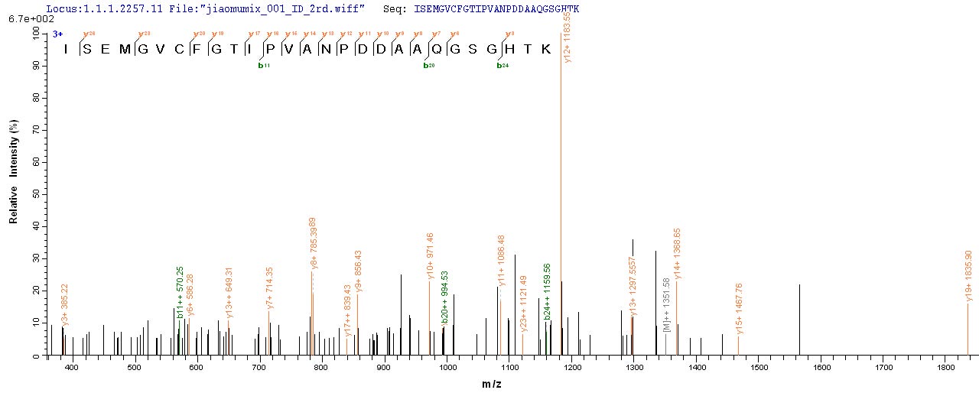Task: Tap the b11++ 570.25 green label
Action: [x=180, y=292]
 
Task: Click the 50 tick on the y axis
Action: [x=35, y=195]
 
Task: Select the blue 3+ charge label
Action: [x=58, y=34]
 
